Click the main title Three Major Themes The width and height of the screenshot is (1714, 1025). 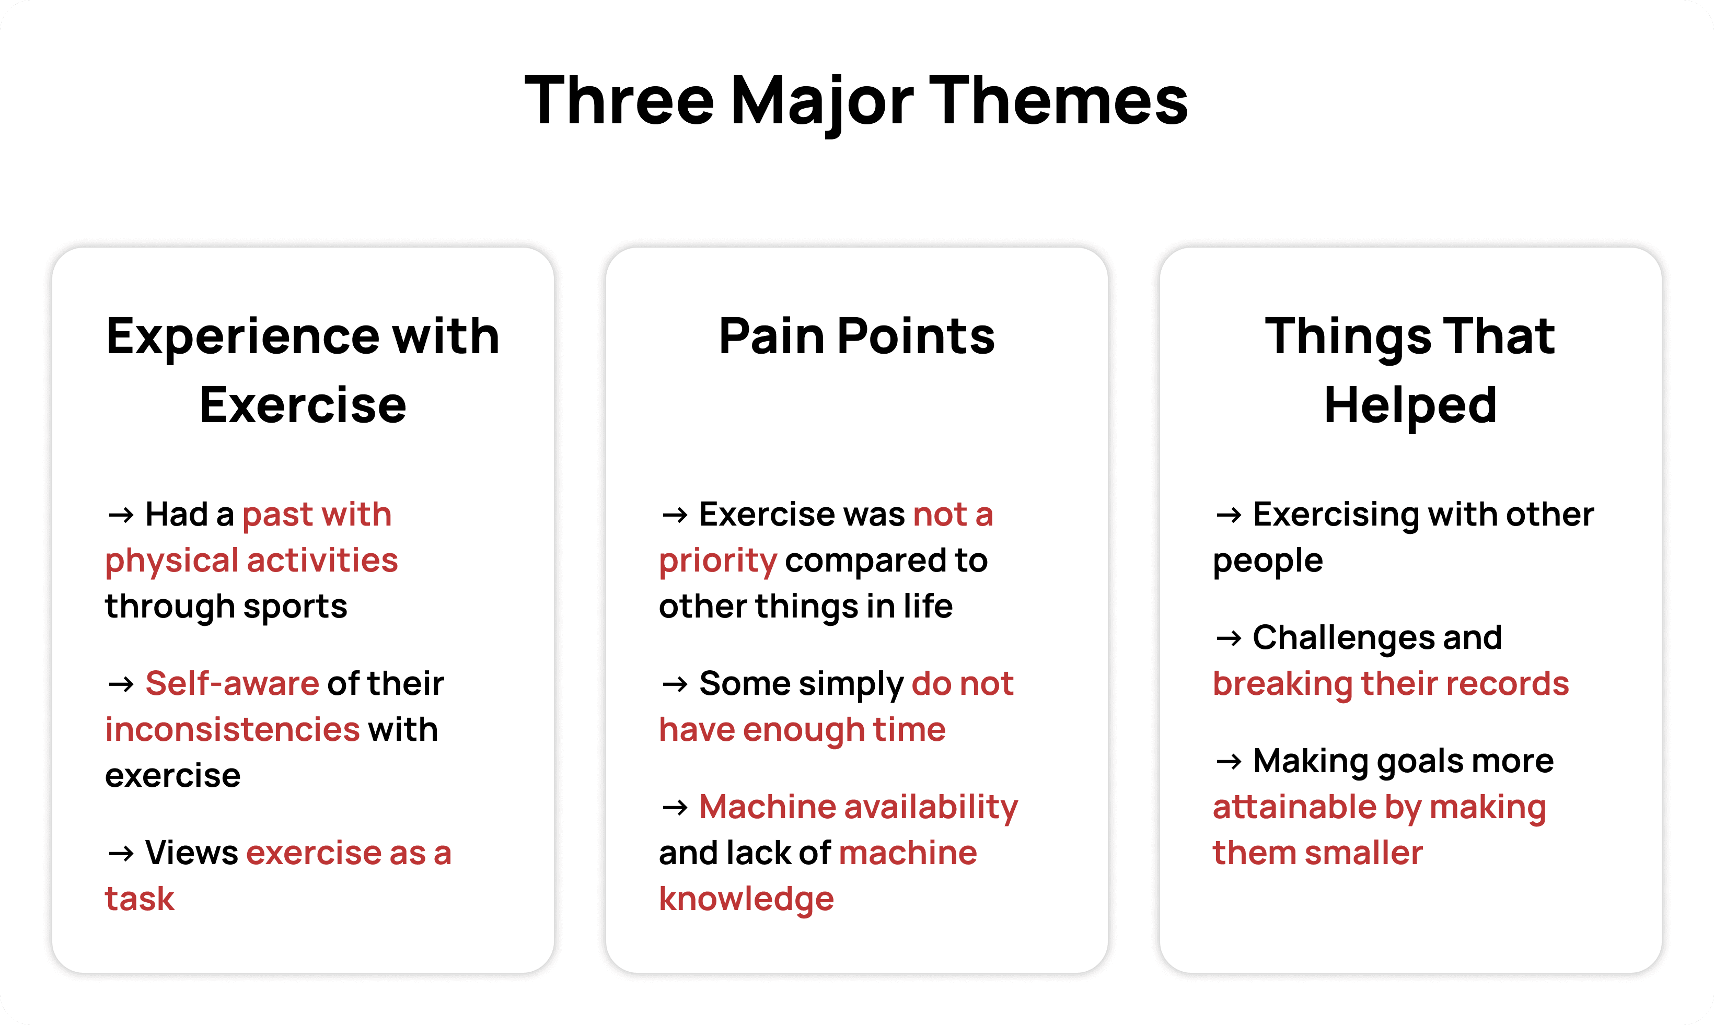pyautogui.click(x=856, y=101)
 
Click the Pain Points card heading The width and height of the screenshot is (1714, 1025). pyautogui.click(x=856, y=336)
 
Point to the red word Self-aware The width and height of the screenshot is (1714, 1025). pyautogui.click(x=232, y=683)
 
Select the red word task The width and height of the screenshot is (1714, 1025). pyautogui.click(x=140, y=899)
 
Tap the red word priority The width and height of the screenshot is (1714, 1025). pyautogui.click(x=718, y=562)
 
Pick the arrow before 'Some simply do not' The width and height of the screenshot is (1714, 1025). pyautogui.click(x=675, y=684)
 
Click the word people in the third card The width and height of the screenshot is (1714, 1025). pyautogui.click(x=1268, y=562)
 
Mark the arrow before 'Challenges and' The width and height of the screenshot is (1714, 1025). pyautogui.click(x=1229, y=638)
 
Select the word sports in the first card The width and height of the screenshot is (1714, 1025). pyautogui.click(x=295, y=608)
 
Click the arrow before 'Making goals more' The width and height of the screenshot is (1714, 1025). pyautogui.click(x=1229, y=762)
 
